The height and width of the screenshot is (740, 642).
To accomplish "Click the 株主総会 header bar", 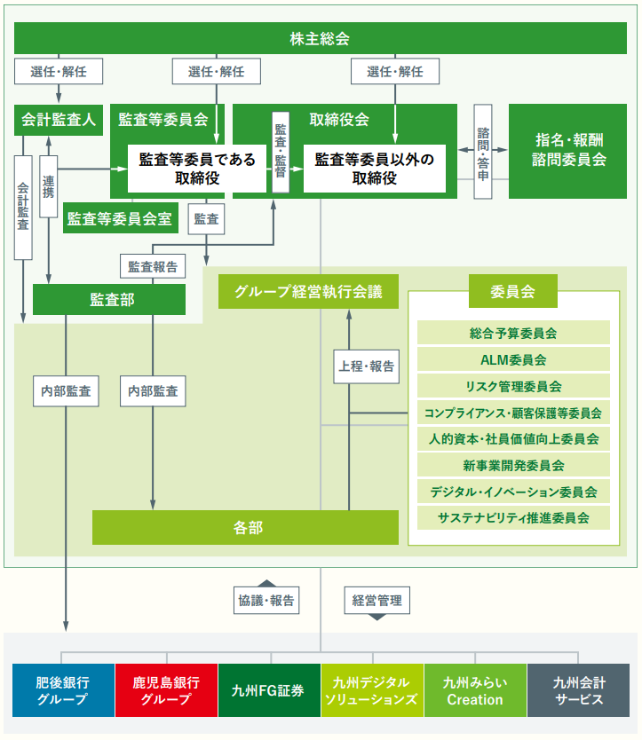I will [320, 38].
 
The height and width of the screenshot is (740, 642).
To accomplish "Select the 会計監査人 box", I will [59, 120].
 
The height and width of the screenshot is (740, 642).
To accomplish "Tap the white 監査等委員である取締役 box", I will [197, 169].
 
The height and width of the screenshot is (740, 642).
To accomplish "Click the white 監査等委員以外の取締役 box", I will [374, 169].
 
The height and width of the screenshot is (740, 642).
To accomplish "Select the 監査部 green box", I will [109, 300].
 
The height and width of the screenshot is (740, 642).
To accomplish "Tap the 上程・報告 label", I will [365, 365].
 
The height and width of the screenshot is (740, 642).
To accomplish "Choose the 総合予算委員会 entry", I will [513, 334].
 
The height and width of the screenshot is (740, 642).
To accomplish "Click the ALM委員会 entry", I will [513, 359].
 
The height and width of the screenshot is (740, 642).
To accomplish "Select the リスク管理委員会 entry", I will [513, 386].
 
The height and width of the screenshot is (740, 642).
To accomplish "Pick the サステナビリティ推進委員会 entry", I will [513, 517].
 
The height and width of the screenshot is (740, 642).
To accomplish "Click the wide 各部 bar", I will [248, 527].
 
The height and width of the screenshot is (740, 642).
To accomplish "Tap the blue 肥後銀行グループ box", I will [63, 690].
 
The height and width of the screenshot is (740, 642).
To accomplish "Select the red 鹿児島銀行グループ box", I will [166, 690].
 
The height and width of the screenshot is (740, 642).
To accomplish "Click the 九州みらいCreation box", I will [475, 690].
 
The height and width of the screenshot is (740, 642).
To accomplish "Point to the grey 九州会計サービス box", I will [578, 690].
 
